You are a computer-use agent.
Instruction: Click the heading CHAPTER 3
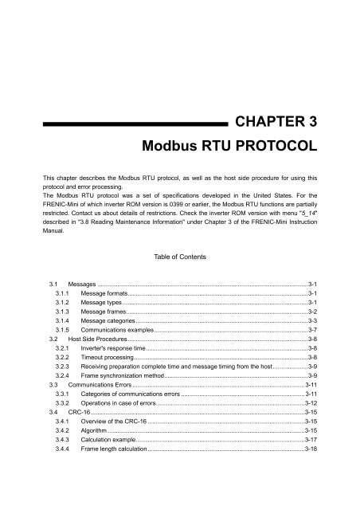[282, 122]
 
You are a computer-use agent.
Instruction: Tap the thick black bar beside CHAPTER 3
[131, 124]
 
